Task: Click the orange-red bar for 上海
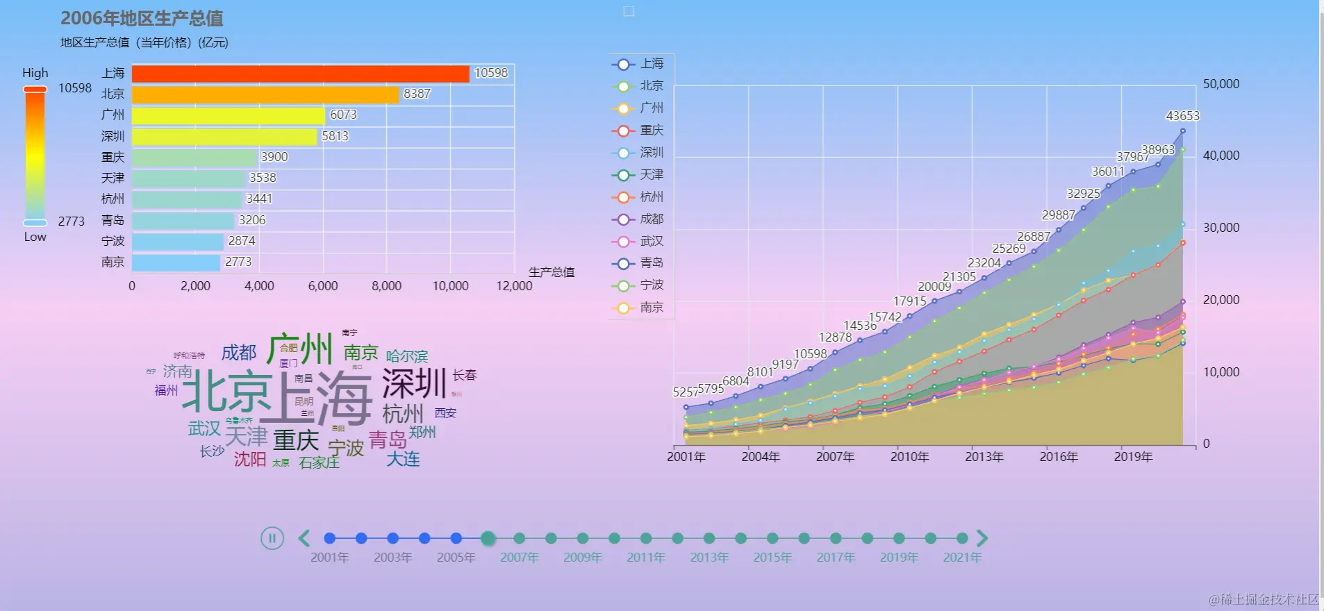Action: coord(300,74)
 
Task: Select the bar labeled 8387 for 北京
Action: coord(265,94)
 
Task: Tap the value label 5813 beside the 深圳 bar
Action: coord(335,136)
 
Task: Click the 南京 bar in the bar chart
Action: coord(176,262)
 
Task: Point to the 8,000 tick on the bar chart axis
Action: coord(386,286)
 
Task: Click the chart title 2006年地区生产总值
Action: coord(142,19)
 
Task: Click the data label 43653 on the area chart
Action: coord(1182,116)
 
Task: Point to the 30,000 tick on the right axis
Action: coord(1221,228)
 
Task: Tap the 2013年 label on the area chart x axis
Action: coord(984,457)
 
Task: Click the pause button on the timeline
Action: coord(272,538)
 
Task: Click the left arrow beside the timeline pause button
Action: coord(304,538)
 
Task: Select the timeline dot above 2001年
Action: coord(330,538)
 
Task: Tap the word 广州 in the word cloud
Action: coord(300,349)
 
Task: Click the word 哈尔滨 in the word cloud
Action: coord(407,357)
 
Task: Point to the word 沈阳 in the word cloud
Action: coord(250,460)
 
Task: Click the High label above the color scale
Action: coord(35,73)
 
